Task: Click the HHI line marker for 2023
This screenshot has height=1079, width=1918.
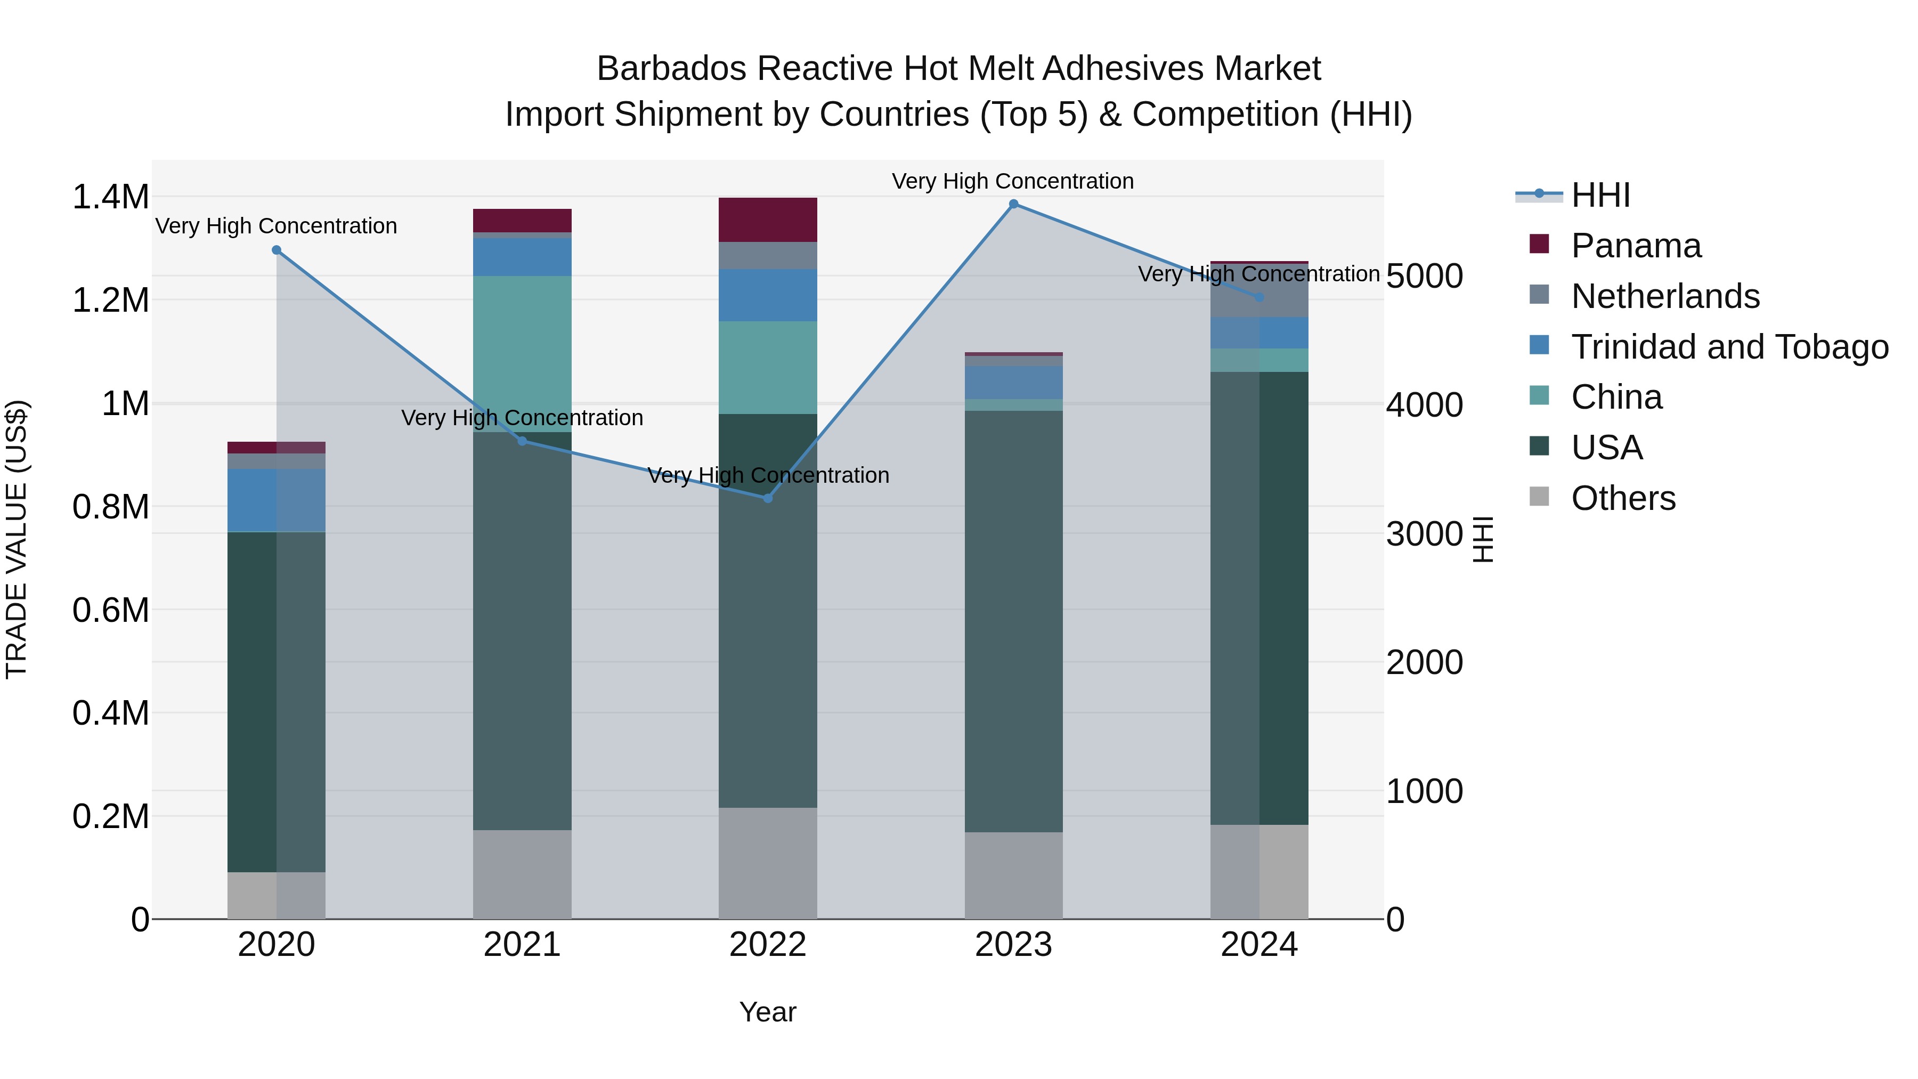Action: click(1013, 204)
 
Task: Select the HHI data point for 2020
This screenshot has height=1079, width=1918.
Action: click(276, 250)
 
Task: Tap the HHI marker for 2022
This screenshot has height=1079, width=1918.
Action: click(768, 498)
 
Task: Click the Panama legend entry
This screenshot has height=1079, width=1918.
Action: click(1636, 246)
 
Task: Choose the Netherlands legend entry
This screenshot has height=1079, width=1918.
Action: click(1665, 296)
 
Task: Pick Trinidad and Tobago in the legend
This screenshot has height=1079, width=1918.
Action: click(1729, 347)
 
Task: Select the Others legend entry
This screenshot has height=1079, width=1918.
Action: click(1623, 498)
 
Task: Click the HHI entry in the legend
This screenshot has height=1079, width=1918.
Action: click(1601, 195)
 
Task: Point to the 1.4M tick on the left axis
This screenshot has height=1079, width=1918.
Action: click(110, 197)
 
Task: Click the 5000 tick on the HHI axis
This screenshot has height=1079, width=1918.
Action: click(1424, 276)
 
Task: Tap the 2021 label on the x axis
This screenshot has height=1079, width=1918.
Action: click(522, 945)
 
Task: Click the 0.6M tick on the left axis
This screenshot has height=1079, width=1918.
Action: click(110, 610)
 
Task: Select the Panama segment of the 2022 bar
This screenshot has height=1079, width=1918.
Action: click(768, 220)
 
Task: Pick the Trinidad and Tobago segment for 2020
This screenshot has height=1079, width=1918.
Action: click(276, 500)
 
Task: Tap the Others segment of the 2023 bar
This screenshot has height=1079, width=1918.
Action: click(1013, 875)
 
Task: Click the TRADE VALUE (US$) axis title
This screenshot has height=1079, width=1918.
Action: click(17, 539)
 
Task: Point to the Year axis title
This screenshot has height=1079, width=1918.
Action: click(768, 1012)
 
